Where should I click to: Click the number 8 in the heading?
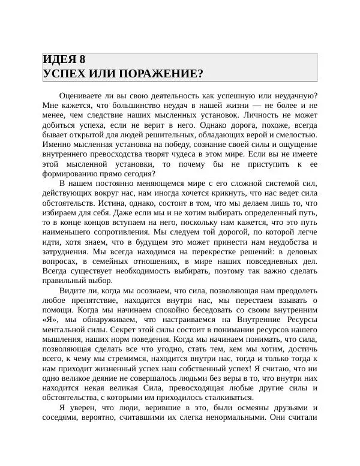point(82,59)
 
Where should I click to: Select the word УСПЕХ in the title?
point(63,74)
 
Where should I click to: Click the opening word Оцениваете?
point(84,96)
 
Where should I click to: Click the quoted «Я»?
point(49,319)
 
